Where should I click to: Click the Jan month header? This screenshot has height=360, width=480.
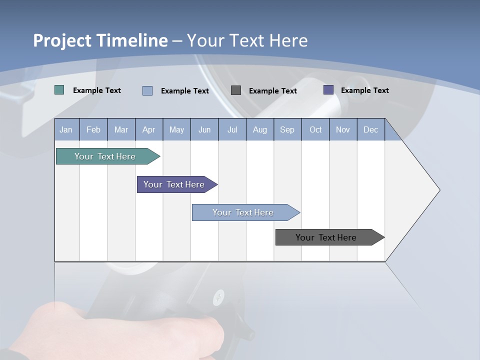coord(66,129)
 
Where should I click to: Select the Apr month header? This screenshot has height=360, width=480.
coord(148,129)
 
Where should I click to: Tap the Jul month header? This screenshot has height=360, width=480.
coord(232,129)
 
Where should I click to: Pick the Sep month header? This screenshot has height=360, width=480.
coord(287,129)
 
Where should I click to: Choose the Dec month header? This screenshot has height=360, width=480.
coord(370,129)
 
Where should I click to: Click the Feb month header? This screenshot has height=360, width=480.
coord(93,129)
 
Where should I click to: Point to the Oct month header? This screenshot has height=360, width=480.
coord(315,129)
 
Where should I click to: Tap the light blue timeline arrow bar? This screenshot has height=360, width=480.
coord(244,212)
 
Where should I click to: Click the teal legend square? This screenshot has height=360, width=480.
coord(59,90)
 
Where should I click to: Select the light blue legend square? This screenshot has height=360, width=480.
coord(147,90)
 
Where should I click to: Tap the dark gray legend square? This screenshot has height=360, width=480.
coord(236,90)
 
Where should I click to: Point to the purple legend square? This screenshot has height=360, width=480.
coord(328,90)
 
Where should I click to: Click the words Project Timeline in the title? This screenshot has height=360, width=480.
coord(100,40)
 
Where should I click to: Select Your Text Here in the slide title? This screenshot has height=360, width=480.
coord(247,40)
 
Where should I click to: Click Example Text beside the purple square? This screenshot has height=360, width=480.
coord(364,90)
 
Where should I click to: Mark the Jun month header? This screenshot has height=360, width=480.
coord(204,129)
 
